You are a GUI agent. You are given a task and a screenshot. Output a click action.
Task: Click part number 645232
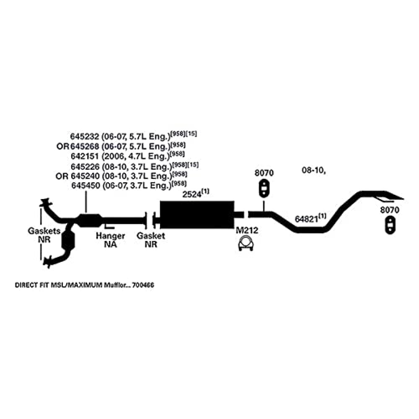(85, 136)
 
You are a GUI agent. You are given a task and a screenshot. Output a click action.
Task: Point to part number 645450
(85, 185)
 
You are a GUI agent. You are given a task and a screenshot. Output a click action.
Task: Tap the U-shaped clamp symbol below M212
(246, 244)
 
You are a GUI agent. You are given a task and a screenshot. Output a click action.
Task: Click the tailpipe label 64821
(306, 219)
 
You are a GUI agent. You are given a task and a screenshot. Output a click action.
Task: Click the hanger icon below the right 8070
(390, 224)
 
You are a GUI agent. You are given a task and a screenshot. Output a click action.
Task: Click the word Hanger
(111, 236)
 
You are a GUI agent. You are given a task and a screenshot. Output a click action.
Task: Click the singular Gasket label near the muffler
(151, 236)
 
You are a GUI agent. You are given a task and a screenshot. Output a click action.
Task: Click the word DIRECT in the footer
(26, 285)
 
